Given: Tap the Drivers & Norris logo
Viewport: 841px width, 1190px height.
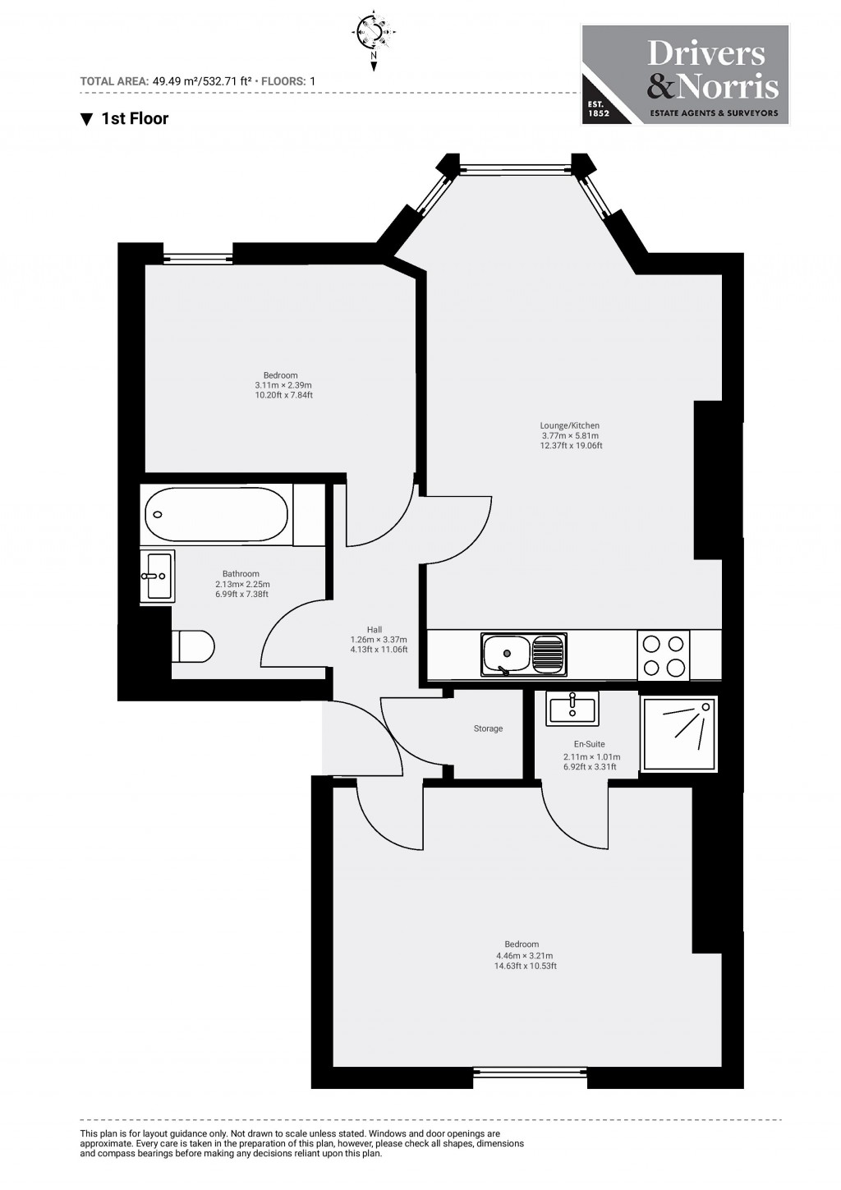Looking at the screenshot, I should click(685, 75).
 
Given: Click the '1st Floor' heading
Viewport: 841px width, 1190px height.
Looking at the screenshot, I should click(125, 119).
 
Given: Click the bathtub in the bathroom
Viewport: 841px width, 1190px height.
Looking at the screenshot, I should click(217, 515).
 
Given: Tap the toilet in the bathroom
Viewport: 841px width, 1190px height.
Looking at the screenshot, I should click(193, 646).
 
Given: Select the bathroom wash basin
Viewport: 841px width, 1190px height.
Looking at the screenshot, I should click(157, 577).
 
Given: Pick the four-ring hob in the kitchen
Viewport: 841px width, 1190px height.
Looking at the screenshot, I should click(663, 655).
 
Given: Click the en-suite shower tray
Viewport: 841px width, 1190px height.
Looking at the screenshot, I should click(679, 734).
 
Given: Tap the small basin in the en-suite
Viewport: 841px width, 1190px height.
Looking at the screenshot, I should click(572, 708).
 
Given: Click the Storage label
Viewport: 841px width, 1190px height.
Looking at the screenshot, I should click(488, 728).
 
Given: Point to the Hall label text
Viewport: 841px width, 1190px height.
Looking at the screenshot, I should click(375, 630).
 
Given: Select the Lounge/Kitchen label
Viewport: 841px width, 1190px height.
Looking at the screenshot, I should click(569, 425).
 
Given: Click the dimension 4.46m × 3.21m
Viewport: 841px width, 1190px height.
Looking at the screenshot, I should click(524, 956).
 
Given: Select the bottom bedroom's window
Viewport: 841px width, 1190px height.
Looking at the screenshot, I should click(531, 1071).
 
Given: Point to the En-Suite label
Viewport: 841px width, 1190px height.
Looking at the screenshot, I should click(589, 744).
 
